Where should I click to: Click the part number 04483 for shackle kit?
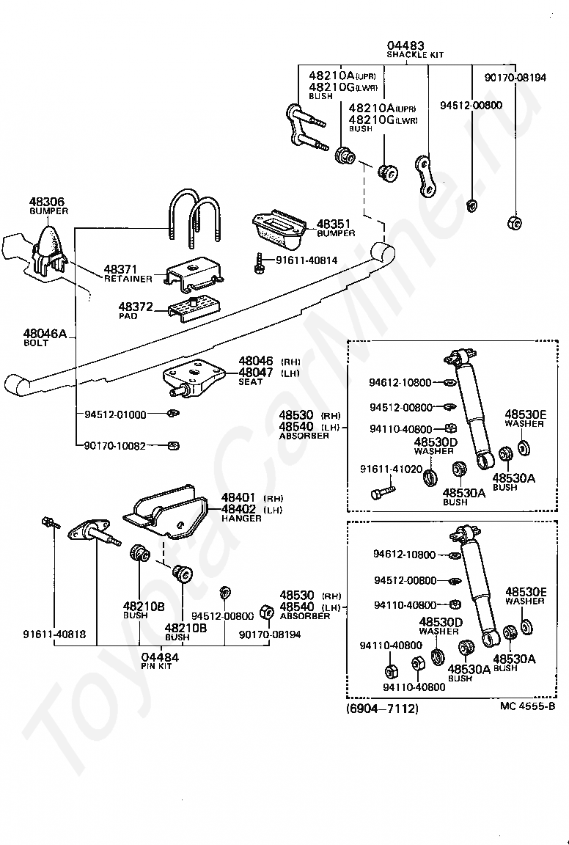click(405, 45)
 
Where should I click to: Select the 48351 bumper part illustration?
click(279, 229)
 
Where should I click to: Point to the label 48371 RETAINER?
click(128, 273)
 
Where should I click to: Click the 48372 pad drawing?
click(193, 309)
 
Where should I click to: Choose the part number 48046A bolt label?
click(45, 334)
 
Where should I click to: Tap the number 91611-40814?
click(306, 260)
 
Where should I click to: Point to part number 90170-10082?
click(115, 446)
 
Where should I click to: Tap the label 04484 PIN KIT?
click(160, 660)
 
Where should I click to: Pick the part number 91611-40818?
click(54, 634)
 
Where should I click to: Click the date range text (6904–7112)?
click(382, 708)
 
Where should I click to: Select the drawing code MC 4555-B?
click(527, 706)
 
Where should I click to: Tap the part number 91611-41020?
click(392, 469)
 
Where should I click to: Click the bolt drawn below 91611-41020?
click(383, 491)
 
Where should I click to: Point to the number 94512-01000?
click(115, 414)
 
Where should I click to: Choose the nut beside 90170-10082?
click(174, 446)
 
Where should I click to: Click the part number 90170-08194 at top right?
click(515, 78)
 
